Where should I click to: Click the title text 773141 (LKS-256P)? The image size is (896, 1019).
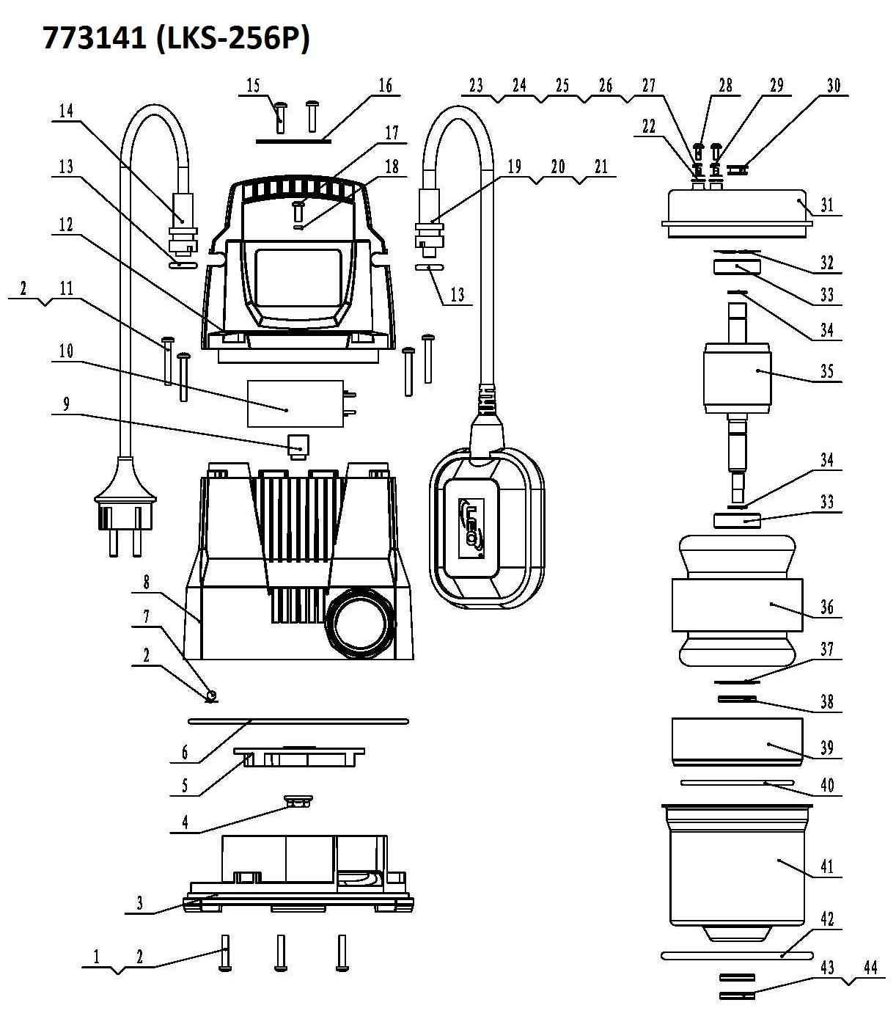[176, 38]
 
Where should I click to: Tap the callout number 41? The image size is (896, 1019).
[827, 867]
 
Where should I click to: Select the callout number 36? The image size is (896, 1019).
[827, 607]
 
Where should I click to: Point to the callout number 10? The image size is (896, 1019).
[66, 351]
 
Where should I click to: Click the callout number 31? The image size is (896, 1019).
[827, 205]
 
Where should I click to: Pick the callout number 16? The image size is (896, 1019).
[386, 86]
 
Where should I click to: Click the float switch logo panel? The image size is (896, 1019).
[470, 524]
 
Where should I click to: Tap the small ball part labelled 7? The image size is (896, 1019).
[212, 694]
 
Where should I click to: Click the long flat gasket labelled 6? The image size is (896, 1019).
[298, 721]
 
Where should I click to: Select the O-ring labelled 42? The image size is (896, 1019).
[737, 956]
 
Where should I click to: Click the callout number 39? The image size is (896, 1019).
[827, 748]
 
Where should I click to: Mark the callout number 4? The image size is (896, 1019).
[186, 822]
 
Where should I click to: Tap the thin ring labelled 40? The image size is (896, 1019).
[737, 783]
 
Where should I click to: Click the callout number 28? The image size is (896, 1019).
[725, 86]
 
